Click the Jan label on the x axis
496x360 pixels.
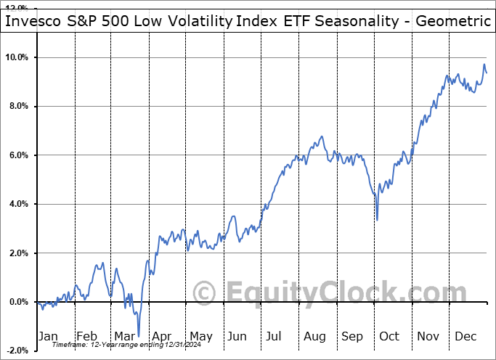point(48,336)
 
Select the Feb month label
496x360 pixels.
point(86,336)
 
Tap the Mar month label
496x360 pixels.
point(124,336)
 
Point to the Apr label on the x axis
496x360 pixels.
point(162,336)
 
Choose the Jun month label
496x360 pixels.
point(237,336)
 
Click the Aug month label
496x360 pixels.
point(314,336)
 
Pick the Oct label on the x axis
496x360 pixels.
point(389,336)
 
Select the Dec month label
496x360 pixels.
point(465,336)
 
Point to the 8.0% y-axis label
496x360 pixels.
point(19,106)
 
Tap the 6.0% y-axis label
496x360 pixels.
point(19,155)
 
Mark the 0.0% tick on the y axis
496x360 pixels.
point(19,302)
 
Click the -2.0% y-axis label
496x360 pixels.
point(17,351)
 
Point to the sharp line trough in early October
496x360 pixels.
point(377,220)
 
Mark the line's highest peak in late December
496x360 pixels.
point(484,65)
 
